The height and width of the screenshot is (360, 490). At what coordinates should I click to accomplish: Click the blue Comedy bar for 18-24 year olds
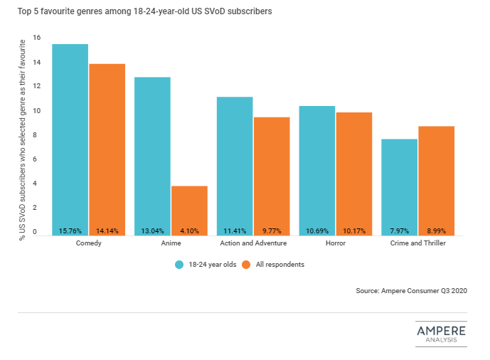click(70, 135)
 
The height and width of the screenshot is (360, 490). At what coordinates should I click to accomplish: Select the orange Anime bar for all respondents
click(189, 206)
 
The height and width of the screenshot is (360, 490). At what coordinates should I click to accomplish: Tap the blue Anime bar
click(152, 149)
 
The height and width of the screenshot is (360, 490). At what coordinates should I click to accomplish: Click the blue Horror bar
click(316, 167)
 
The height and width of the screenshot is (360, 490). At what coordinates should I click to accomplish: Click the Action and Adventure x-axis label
click(252, 244)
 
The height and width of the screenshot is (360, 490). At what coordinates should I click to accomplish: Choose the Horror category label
click(335, 244)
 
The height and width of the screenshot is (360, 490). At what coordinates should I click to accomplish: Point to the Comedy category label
click(87, 244)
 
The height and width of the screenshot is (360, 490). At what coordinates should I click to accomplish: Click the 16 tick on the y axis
click(36, 38)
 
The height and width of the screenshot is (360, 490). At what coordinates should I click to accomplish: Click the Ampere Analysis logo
click(441, 334)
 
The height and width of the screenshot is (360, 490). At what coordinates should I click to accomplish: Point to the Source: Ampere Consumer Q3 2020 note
click(412, 291)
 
